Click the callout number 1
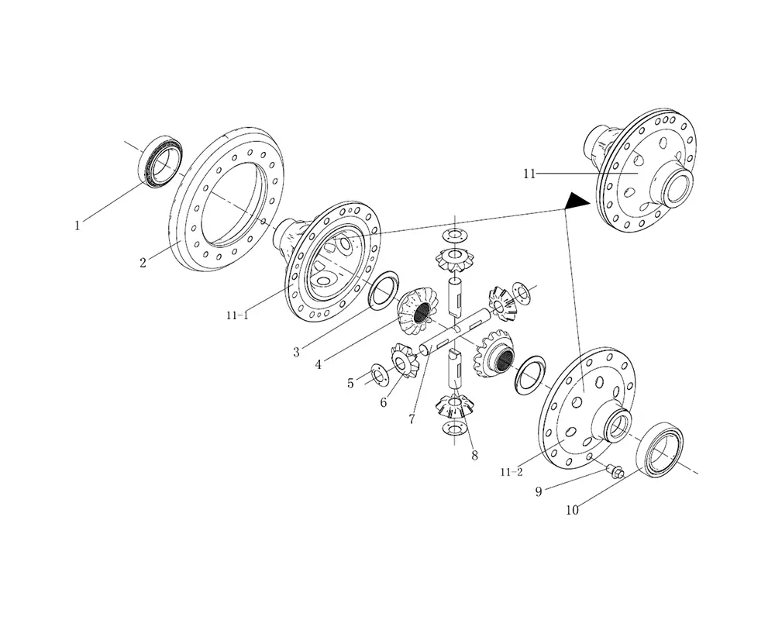coord(77,226)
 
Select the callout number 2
coord(143,263)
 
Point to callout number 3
coord(297,352)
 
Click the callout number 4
coord(319,362)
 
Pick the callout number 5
coord(350,383)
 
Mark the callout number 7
coord(412,419)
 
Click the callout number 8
coord(474,456)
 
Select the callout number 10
coord(572,510)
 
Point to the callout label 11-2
coord(511,471)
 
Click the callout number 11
coord(529,174)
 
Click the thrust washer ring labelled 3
coord(384,290)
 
